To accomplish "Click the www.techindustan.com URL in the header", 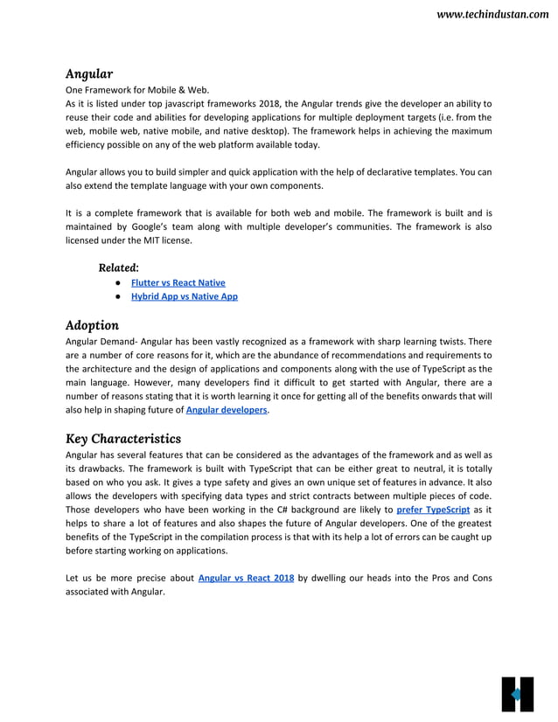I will coord(492,16).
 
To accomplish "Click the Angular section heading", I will coord(89,73).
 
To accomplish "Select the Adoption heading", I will coord(92,325).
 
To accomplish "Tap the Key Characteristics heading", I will coord(123,437).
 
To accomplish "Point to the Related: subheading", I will coord(118,267).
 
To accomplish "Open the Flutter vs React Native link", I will coord(178,283).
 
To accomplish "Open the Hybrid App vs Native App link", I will coord(184,297).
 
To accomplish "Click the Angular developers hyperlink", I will coord(227,409).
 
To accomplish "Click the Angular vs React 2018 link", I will coord(246,578).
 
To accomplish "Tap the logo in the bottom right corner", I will coord(517,694).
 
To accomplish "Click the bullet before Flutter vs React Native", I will coord(116,283).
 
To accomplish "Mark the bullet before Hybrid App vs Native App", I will coord(116,297).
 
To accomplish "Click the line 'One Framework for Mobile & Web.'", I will coord(137,89).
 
